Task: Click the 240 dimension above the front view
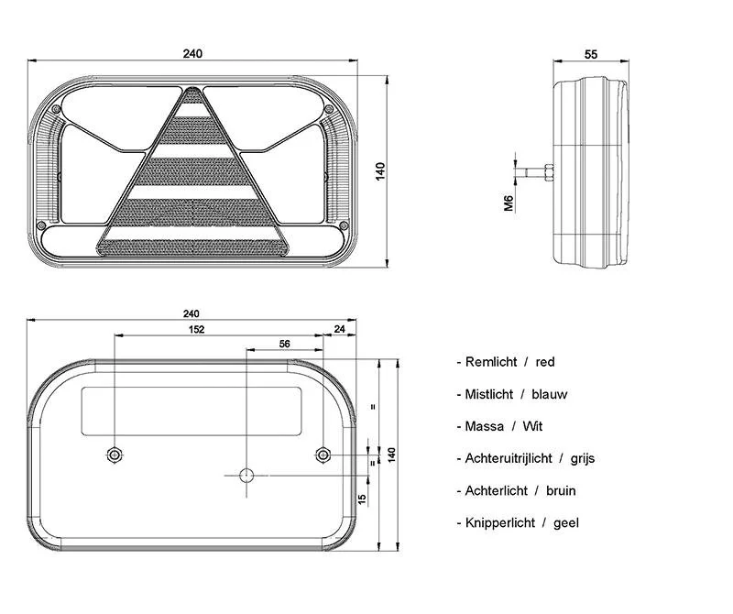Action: [x=192, y=53]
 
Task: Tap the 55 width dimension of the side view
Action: [x=591, y=55]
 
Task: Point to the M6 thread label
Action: [x=509, y=203]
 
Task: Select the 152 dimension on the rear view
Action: [x=196, y=329]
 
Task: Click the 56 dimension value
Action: [x=284, y=344]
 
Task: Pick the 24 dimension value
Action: [x=340, y=329]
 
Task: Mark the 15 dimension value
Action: [x=363, y=499]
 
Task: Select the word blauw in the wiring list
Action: [x=550, y=394]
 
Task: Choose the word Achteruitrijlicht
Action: [x=509, y=458]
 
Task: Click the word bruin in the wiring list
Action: [x=561, y=490]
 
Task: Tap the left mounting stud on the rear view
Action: [x=114, y=455]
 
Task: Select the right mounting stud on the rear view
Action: [x=323, y=455]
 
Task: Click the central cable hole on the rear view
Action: [x=246, y=475]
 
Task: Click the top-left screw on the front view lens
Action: [x=57, y=111]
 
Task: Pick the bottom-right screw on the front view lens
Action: [x=342, y=225]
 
